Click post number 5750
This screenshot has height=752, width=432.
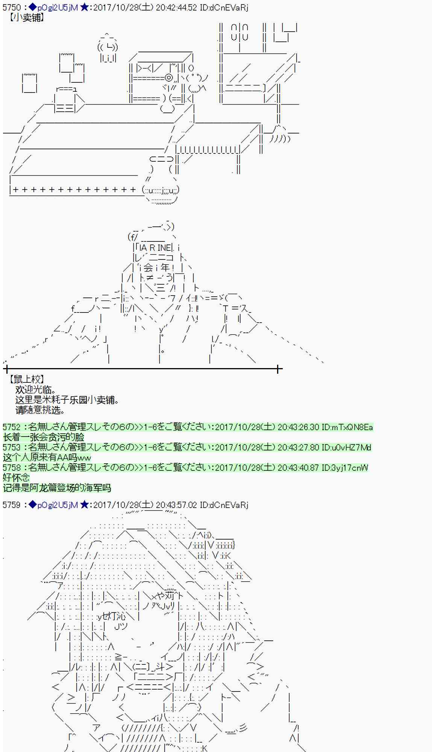[x=11, y=8]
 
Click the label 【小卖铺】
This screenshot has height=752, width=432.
[x=27, y=18]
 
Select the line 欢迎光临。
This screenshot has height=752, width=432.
[x=36, y=390]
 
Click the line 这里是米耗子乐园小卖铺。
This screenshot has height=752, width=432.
[x=67, y=400]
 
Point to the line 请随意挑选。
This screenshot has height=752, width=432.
[x=40, y=410]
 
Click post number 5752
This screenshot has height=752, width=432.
[x=11, y=427]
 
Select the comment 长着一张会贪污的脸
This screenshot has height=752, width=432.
[x=44, y=437]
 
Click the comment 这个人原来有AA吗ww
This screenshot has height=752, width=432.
[x=47, y=458]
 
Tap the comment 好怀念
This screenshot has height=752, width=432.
[x=16, y=478]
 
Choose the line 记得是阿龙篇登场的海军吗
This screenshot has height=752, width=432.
[x=57, y=488]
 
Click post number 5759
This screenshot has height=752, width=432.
[x=11, y=505]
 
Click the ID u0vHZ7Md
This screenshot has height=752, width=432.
[x=351, y=447]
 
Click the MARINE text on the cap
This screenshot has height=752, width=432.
[x=155, y=248]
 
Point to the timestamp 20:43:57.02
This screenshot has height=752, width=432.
[x=176, y=505]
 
